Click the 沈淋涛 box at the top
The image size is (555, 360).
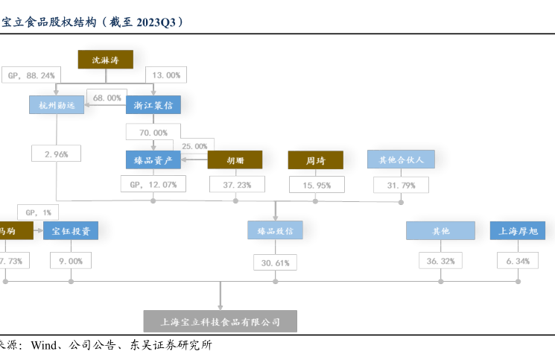(x=105, y=60)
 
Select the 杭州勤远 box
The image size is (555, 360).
(x=56, y=105)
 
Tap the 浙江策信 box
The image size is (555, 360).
(x=153, y=105)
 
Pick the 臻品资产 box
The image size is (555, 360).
(x=153, y=160)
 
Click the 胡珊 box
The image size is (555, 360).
(x=235, y=160)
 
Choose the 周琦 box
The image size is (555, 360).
(x=316, y=160)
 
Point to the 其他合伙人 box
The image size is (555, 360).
(x=401, y=160)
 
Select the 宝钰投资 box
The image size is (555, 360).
(x=71, y=231)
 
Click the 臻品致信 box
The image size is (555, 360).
(x=275, y=231)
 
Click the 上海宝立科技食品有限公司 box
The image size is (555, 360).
(x=221, y=322)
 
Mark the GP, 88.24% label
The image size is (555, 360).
(x=31, y=75)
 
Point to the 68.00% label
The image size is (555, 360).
(x=104, y=98)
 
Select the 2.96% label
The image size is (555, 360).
(x=56, y=154)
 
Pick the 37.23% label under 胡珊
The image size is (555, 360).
(x=235, y=184)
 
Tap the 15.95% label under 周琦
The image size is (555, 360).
(x=316, y=184)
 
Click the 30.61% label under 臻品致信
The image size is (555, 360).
(x=275, y=262)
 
